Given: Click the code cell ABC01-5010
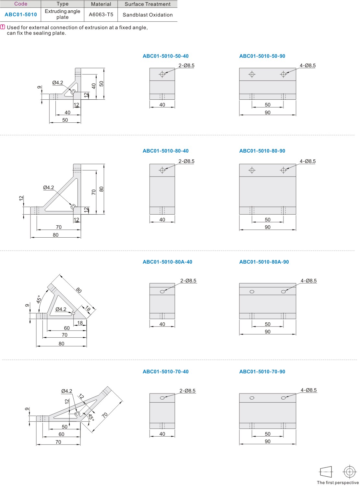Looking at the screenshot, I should coord(21,15).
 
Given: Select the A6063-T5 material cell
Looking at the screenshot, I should coord(101,15).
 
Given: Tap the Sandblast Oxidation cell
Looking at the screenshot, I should coord(148,15).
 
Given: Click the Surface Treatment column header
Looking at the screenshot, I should coord(148,4).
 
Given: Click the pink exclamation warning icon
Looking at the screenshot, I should coord(3,27).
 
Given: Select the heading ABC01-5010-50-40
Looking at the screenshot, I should coord(165,56).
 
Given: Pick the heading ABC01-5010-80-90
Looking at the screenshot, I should coord(262,151).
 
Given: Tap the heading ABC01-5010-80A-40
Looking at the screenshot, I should coord(167,262).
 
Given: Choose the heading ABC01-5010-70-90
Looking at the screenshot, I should coord(262,371).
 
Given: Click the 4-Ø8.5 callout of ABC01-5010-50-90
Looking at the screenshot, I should coord(307,65).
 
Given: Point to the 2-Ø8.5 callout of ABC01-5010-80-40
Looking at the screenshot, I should coord(186,161).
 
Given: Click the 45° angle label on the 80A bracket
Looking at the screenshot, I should coord(39,299).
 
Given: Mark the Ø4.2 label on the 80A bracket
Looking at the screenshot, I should coord(61,309).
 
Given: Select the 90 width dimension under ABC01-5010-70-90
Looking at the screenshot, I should coord(268,441).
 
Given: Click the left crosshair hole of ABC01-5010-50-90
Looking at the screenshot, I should coord(252,74).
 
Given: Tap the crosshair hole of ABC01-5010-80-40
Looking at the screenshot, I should coord(162,170).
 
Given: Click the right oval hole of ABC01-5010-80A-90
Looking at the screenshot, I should coord(283,292).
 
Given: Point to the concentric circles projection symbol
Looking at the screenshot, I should coord(349,471).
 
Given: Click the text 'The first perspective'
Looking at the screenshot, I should coord(338,482).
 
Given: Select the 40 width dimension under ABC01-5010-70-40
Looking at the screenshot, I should coord(162,434).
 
